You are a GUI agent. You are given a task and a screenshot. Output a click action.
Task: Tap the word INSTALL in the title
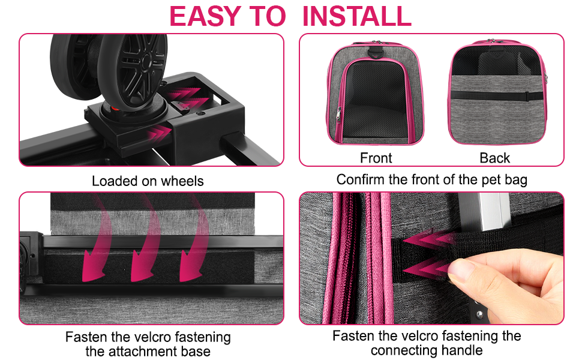[357, 16]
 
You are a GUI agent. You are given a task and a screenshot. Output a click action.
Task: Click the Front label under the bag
[376, 158]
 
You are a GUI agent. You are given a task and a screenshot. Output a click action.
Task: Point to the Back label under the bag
[494, 158]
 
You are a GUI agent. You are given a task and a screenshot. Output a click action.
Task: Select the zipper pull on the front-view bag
[338, 113]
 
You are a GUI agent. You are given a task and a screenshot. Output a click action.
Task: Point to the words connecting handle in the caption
[426, 350]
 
